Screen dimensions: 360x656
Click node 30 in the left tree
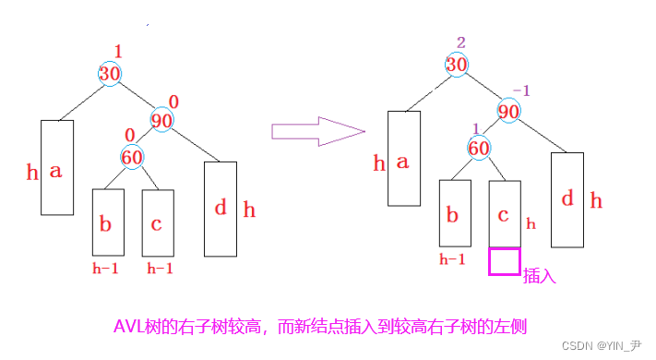click(110, 73)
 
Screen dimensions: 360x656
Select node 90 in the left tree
click(162, 120)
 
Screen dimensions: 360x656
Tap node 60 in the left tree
click(132, 157)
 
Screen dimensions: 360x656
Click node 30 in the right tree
click(457, 64)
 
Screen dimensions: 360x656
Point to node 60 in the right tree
click(479, 148)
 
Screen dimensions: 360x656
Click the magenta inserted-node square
click(505, 261)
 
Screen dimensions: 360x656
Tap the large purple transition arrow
click(317, 129)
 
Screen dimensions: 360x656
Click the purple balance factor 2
click(461, 42)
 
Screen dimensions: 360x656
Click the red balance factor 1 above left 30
click(117, 51)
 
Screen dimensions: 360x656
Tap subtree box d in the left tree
click(220, 209)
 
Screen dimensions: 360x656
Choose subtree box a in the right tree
click(404, 158)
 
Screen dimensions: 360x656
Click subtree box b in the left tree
click(108, 222)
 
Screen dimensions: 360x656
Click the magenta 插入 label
click(538, 274)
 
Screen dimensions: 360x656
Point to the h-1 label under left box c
click(160, 269)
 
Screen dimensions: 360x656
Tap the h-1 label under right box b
click(451, 259)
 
